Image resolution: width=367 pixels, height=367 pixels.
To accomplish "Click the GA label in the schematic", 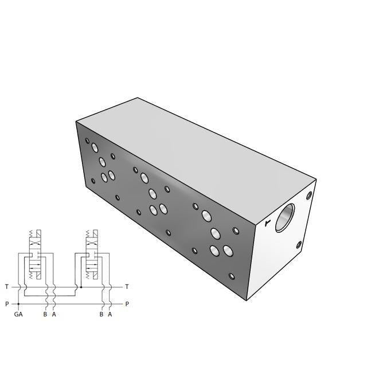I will click(19, 314).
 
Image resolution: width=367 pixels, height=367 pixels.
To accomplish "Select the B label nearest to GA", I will click(45, 314).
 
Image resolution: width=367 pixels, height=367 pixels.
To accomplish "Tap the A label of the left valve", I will click(54, 314).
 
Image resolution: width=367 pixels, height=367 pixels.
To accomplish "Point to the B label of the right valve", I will click(101, 314).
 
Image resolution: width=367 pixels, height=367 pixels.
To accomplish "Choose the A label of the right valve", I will click(110, 314).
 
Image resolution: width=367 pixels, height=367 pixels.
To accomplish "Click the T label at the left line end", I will click(6, 287).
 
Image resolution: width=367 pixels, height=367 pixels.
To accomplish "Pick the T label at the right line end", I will click(127, 287).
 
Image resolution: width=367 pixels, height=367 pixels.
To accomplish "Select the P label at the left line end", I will click(6, 304).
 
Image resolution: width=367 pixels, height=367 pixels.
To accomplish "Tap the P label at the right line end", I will click(127, 304).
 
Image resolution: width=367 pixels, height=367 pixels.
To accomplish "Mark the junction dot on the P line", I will click(19, 304).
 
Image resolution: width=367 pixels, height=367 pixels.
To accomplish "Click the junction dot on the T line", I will click(81, 287).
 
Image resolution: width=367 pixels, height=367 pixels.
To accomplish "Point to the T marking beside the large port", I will click(267, 223).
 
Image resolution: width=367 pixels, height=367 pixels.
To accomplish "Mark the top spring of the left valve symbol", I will click(31, 234).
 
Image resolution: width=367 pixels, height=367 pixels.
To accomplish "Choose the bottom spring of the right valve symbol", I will click(88, 275).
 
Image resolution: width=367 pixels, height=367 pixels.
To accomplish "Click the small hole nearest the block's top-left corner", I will click(87, 140).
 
